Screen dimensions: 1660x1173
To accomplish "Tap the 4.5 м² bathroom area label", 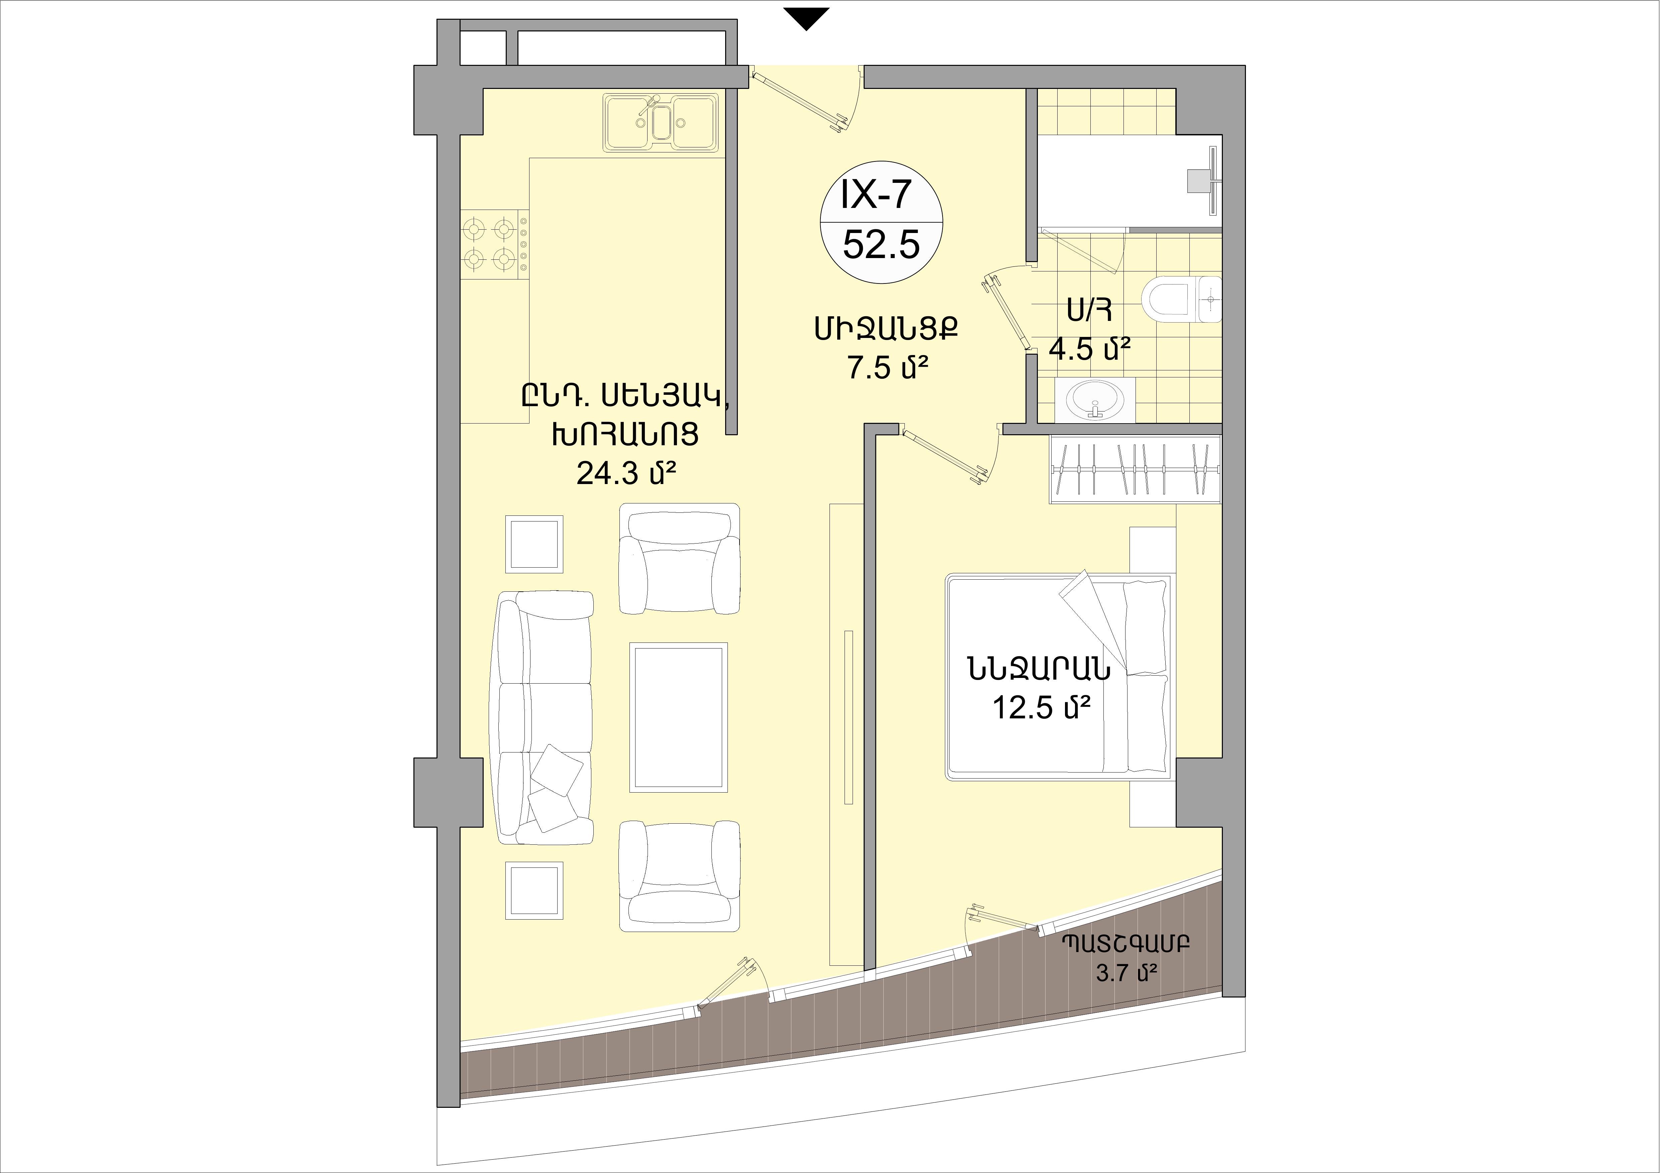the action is coord(1090,350).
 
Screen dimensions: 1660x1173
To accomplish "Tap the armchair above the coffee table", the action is coord(680,559).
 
